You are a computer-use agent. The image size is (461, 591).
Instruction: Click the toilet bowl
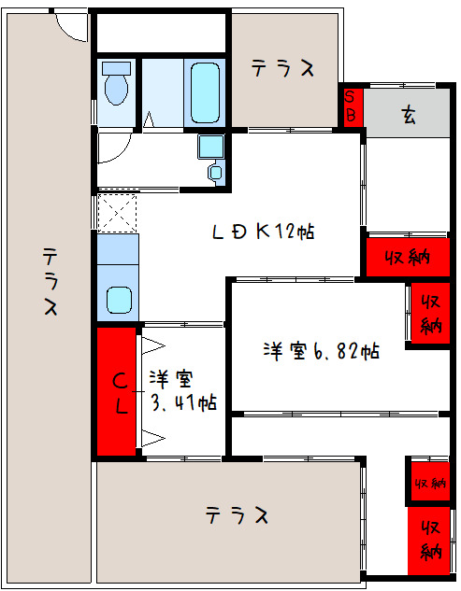pyautogui.click(x=117, y=87)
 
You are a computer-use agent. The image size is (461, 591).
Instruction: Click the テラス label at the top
pyautogui.click(x=281, y=68)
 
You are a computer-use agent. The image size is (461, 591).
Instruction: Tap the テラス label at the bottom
pyautogui.click(x=238, y=515)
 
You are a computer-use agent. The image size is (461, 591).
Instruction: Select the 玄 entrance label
pyautogui.click(x=409, y=116)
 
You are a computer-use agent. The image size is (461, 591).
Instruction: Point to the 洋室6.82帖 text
pyautogui.click(x=320, y=352)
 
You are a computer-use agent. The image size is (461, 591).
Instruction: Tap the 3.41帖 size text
pyautogui.click(x=184, y=403)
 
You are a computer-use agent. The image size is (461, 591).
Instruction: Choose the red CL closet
pyautogui.click(x=119, y=393)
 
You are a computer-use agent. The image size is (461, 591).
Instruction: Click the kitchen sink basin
pyautogui.click(x=118, y=300)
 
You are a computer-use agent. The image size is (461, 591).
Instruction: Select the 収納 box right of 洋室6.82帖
pyautogui.click(x=430, y=314)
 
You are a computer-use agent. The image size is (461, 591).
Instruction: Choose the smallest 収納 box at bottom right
pyautogui.click(x=427, y=482)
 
